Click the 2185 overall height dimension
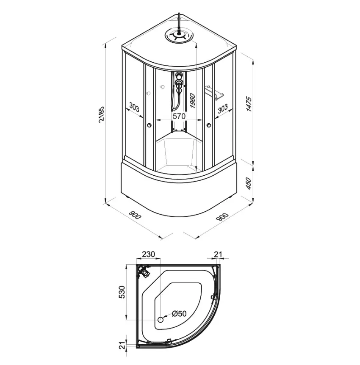102,114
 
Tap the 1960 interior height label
193,100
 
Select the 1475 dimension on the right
249,104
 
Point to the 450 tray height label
249,183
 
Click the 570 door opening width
179,116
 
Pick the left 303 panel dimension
134,108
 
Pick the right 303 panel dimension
223,108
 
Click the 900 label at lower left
135,216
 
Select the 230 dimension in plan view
148,254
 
